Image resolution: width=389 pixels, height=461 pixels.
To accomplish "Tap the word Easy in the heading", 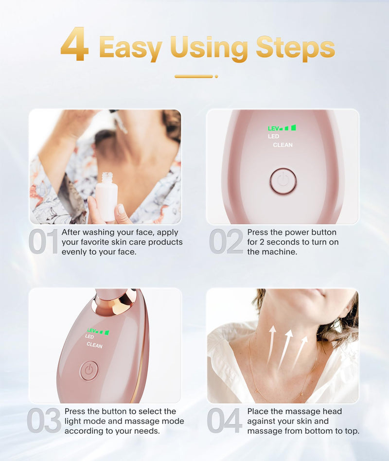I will click(x=130, y=48).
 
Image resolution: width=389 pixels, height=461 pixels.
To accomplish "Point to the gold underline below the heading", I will click(x=194, y=76).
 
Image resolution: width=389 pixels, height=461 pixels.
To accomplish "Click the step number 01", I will click(x=43, y=242).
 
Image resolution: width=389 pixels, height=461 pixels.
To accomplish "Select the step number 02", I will click(x=226, y=242).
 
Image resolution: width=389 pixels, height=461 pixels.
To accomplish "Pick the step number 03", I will click(x=44, y=421).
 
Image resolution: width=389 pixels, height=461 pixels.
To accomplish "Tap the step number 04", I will click(x=225, y=421).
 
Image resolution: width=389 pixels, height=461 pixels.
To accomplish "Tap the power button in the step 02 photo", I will click(x=283, y=181).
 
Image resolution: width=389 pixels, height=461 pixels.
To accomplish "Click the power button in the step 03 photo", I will click(x=89, y=370).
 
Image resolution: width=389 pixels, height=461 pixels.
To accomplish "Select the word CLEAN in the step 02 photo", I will click(x=283, y=145).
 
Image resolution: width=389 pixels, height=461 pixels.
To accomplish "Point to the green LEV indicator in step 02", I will click(x=282, y=128).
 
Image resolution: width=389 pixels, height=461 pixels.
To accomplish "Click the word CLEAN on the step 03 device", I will click(x=94, y=345).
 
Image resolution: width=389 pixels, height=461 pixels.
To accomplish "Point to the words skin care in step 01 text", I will click(x=131, y=242).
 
